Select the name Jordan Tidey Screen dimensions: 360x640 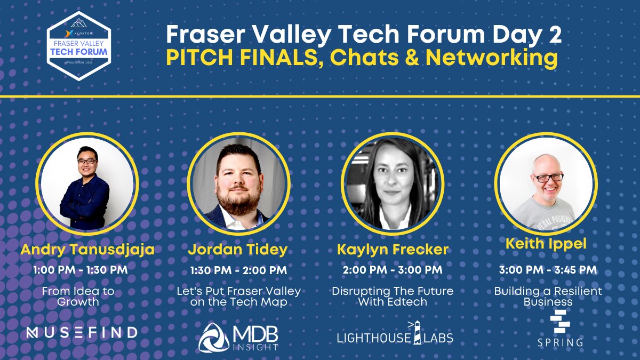[x=238, y=250]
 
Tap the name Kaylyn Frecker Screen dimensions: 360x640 [x=392, y=250]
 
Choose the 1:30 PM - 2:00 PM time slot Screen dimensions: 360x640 [x=238, y=270]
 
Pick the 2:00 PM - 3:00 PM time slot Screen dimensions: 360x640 [x=393, y=270]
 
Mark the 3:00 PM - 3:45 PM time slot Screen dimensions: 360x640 [x=548, y=270]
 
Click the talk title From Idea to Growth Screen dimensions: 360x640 [x=78, y=297]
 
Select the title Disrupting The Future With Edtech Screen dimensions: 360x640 [x=393, y=297]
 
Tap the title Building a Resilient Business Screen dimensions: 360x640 [x=548, y=297]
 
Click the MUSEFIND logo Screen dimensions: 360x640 [x=82, y=332]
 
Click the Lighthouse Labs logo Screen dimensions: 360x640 [x=395, y=334]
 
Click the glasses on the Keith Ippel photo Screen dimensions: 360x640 [x=547, y=177]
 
